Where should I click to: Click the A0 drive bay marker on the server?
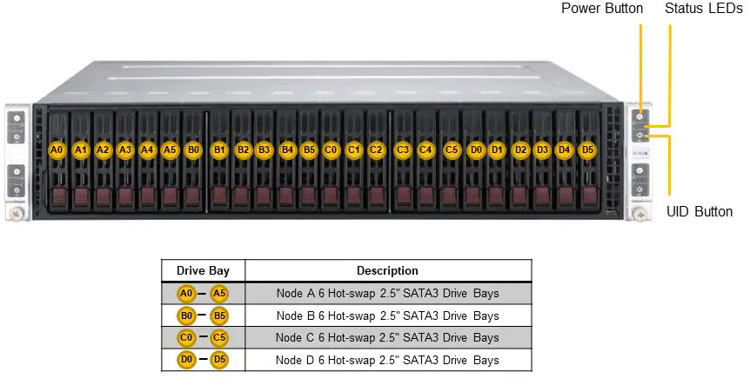coord(57,149)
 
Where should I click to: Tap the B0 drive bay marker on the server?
coord(193,149)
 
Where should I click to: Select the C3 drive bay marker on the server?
coord(403,149)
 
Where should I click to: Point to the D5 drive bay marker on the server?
coord(587,149)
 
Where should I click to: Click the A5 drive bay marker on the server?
coord(170,149)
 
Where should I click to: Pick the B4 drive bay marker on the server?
coord(288,149)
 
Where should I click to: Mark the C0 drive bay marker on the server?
coord(331,149)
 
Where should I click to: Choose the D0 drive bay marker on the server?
coord(476,149)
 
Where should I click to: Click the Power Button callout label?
coord(602,9)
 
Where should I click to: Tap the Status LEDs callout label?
coord(703,9)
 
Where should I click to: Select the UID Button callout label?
coord(700,211)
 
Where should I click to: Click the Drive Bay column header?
coord(203,270)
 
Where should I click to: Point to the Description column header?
coord(387,270)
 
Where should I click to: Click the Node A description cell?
coord(387,293)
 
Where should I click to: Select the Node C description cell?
coord(387,337)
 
